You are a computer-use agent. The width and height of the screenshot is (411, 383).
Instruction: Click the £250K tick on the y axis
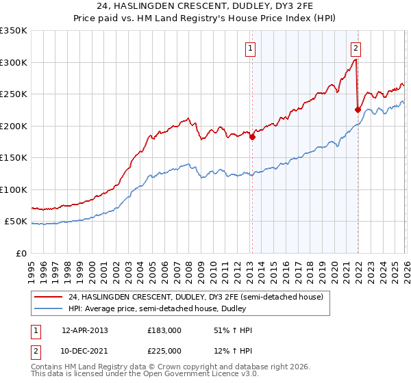tap(14, 94)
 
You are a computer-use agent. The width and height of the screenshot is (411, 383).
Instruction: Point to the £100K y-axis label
tap(14, 189)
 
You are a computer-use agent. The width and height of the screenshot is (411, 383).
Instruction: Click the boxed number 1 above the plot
tap(251, 49)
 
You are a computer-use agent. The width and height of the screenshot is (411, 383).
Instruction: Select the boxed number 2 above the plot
tap(356, 48)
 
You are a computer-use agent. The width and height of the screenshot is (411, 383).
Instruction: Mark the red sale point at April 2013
tap(252, 137)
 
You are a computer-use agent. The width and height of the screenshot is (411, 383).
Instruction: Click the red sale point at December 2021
tap(358, 109)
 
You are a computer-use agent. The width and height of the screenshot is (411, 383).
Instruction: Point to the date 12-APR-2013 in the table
tap(85, 330)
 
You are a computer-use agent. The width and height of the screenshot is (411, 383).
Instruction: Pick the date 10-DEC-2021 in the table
tap(85, 352)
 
